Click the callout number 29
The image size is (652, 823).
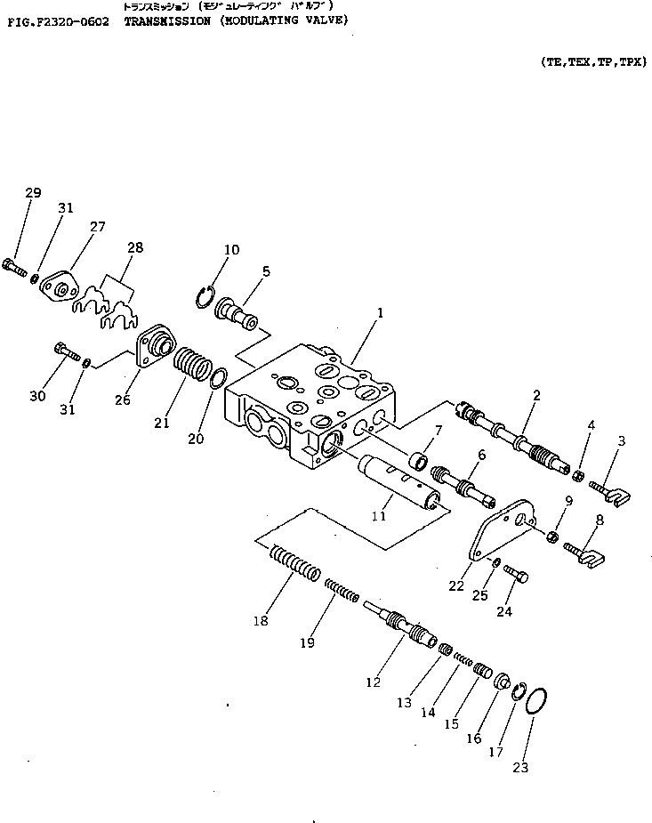33,193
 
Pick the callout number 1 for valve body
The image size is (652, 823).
380,313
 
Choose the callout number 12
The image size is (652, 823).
373,682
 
